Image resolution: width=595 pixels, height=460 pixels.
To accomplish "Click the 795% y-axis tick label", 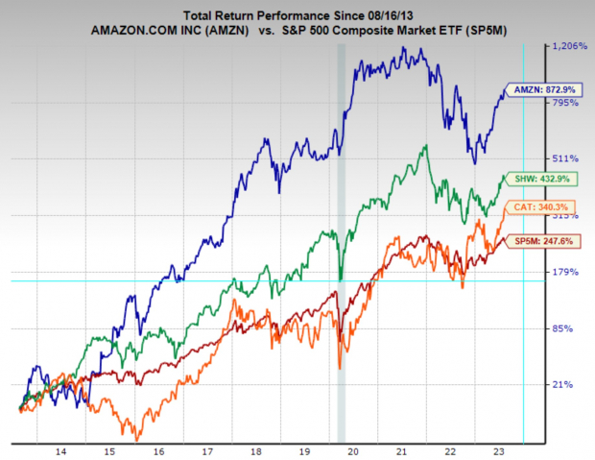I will coord(561,103).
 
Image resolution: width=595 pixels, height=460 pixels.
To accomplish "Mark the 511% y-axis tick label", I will coord(561,158).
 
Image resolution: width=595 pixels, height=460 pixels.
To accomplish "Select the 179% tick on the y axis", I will coord(561,272).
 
